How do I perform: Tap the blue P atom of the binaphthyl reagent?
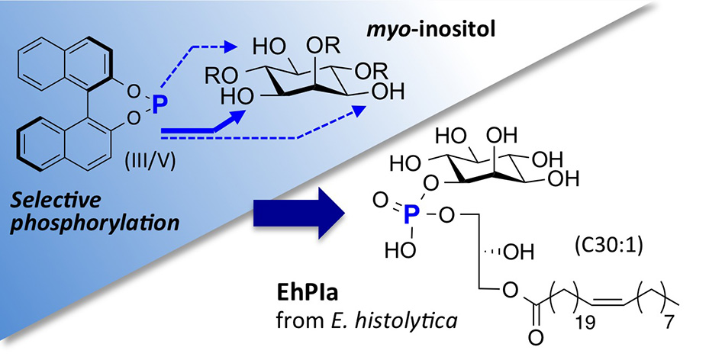pos(158,106)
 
